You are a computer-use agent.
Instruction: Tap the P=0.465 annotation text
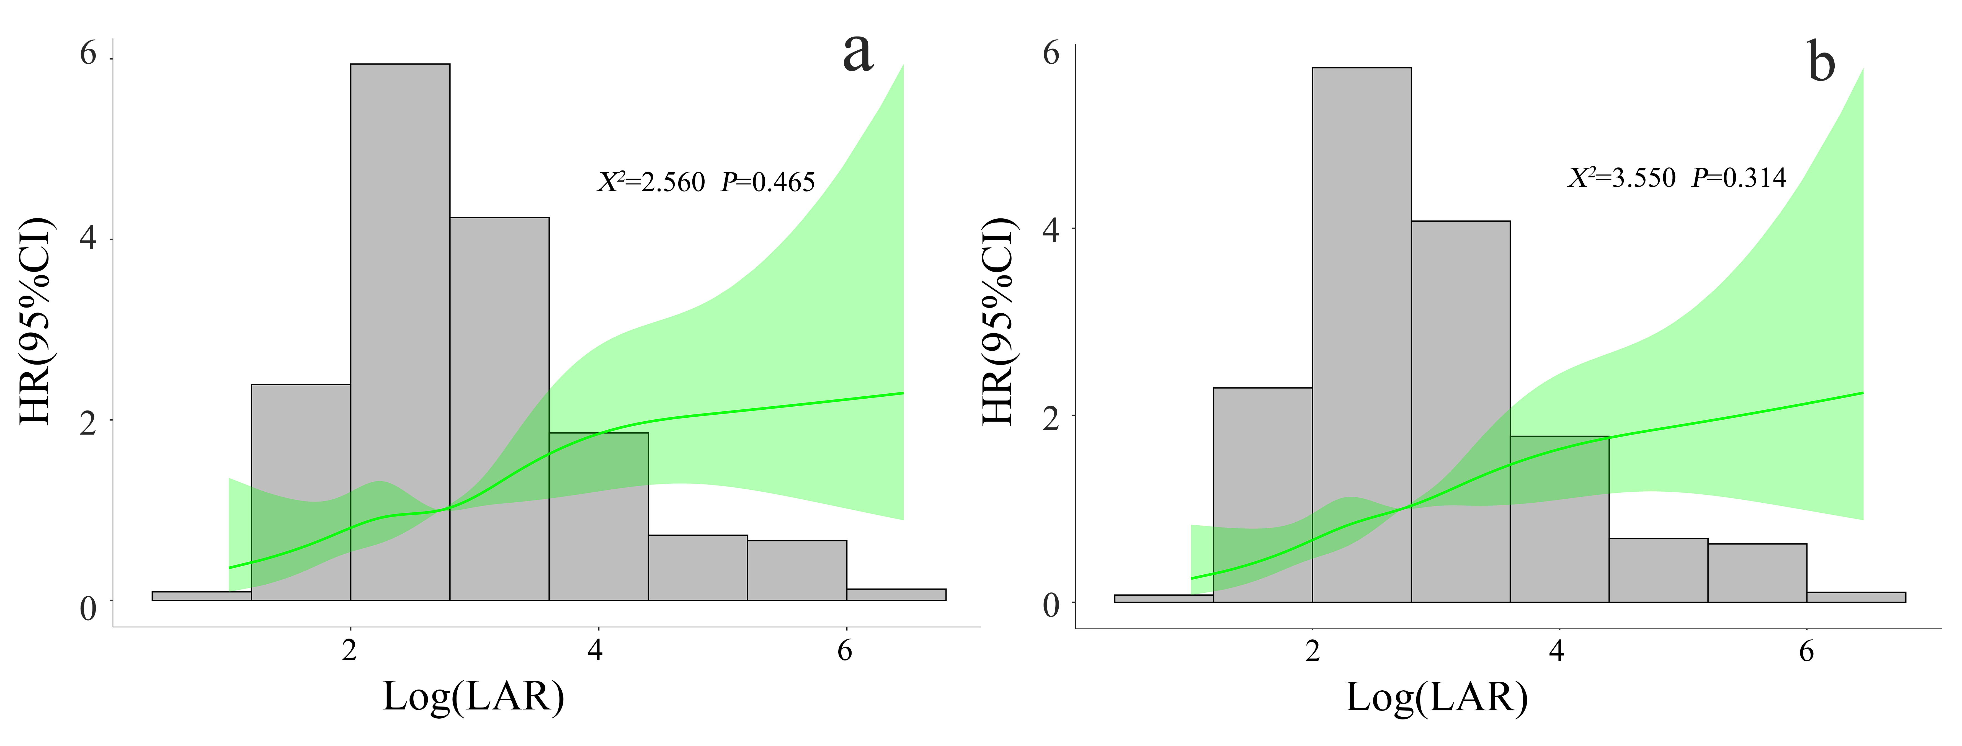[x=768, y=183]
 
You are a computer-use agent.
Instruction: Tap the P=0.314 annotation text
[x=1739, y=178]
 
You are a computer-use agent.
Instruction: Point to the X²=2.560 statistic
[x=651, y=183]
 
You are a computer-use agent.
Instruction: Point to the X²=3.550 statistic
[x=1621, y=178]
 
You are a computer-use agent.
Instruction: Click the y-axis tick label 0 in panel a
[x=88, y=608]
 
